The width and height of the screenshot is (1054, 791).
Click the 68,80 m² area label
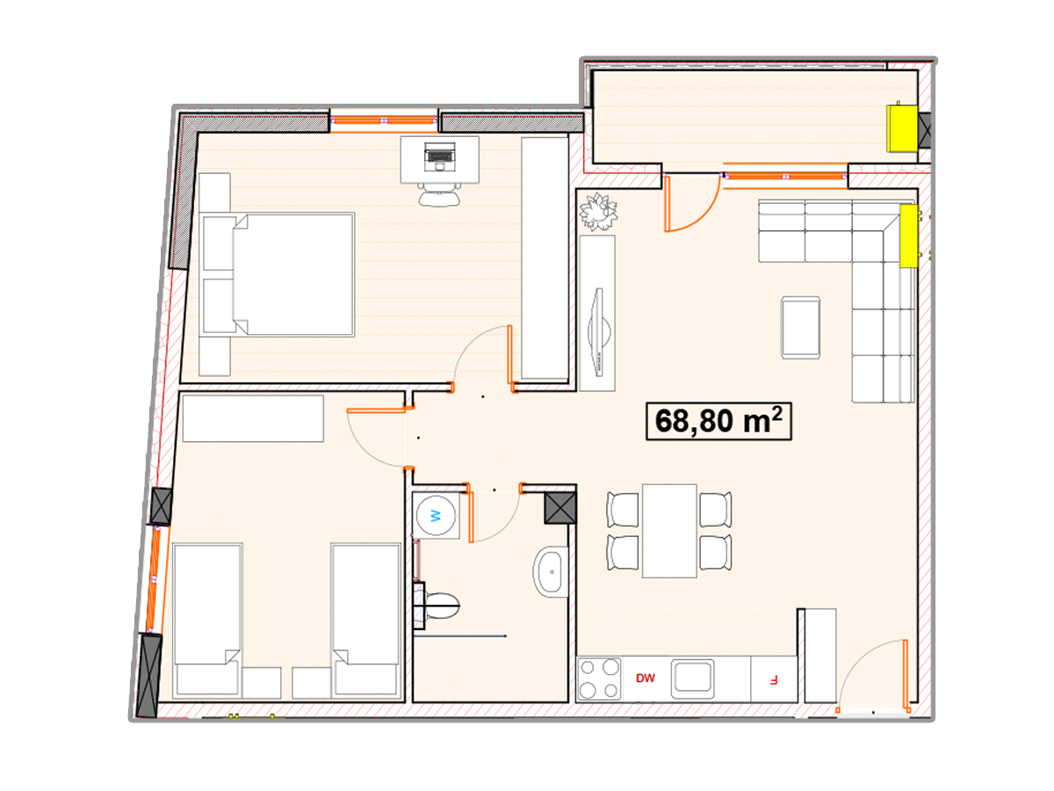click(718, 421)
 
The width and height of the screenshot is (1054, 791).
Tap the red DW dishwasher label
click(645, 679)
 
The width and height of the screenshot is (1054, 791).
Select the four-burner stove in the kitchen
click(599, 679)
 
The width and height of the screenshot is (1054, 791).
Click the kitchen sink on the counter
click(692, 679)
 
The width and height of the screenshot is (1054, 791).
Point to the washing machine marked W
click(436, 516)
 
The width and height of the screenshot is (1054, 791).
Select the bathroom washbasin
click(551, 571)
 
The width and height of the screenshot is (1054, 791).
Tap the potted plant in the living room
click(598, 211)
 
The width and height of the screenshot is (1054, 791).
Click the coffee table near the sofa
click(800, 328)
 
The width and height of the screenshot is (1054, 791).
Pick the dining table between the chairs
click(669, 531)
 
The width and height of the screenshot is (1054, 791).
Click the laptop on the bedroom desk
click(439, 157)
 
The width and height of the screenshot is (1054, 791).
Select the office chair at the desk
click(439, 194)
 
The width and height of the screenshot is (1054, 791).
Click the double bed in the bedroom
click(278, 274)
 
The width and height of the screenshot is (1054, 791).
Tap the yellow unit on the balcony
click(901, 127)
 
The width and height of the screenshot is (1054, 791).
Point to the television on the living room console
click(599, 332)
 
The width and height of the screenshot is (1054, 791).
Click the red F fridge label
click(773, 679)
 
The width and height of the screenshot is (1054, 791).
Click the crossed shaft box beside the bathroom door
click(559, 508)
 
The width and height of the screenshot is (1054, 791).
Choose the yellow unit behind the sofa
click(908, 236)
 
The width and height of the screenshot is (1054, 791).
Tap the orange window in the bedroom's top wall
click(384, 120)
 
